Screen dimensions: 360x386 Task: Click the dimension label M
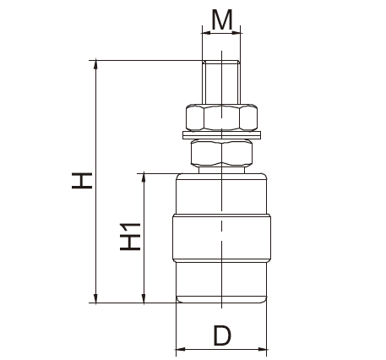(221, 19)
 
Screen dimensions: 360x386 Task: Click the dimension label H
(82, 179)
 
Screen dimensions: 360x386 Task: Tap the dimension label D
(221, 336)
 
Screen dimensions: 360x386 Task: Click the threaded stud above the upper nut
(221, 81)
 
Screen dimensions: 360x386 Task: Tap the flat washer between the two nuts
(221, 134)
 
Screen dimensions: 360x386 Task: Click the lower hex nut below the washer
(221, 152)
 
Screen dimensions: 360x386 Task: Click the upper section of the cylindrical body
(221, 193)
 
